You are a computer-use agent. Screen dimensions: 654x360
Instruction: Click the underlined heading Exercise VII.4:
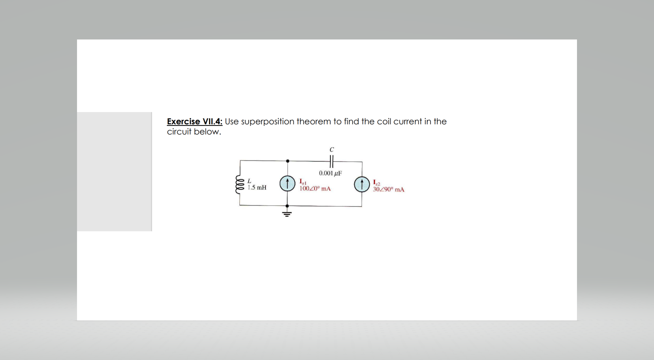click(x=194, y=121)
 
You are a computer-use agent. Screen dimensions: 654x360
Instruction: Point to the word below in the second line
click(x=207, y=131)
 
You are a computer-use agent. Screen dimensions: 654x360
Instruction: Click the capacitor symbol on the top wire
click(x=331, y=161)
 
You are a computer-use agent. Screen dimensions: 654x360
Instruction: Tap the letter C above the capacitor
click(x=332, y=150)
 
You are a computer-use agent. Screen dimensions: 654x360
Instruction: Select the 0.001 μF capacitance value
click(x=330, y=173)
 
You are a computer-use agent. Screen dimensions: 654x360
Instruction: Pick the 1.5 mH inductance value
click(x=257, y=187)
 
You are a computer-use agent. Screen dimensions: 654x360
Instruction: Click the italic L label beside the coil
click(x=249, y=181)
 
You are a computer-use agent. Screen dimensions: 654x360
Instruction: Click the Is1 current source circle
click(x=288, y=184)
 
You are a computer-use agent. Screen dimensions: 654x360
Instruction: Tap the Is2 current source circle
click(x=362, y=184)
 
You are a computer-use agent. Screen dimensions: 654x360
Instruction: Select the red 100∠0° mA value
click(x=315, y=188)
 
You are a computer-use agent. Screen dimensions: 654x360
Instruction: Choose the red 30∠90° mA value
click(x=389, y=189)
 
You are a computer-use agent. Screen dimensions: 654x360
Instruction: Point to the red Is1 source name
click(x=303, y=182)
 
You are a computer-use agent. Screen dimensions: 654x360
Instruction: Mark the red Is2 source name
click(x=377, y=183)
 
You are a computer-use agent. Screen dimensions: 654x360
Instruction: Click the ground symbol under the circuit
click(x=287, y=214)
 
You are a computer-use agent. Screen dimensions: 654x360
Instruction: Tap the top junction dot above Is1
click(x=288, y=161)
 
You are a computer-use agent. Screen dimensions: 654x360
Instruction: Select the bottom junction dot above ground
click(x=287, y=206)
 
